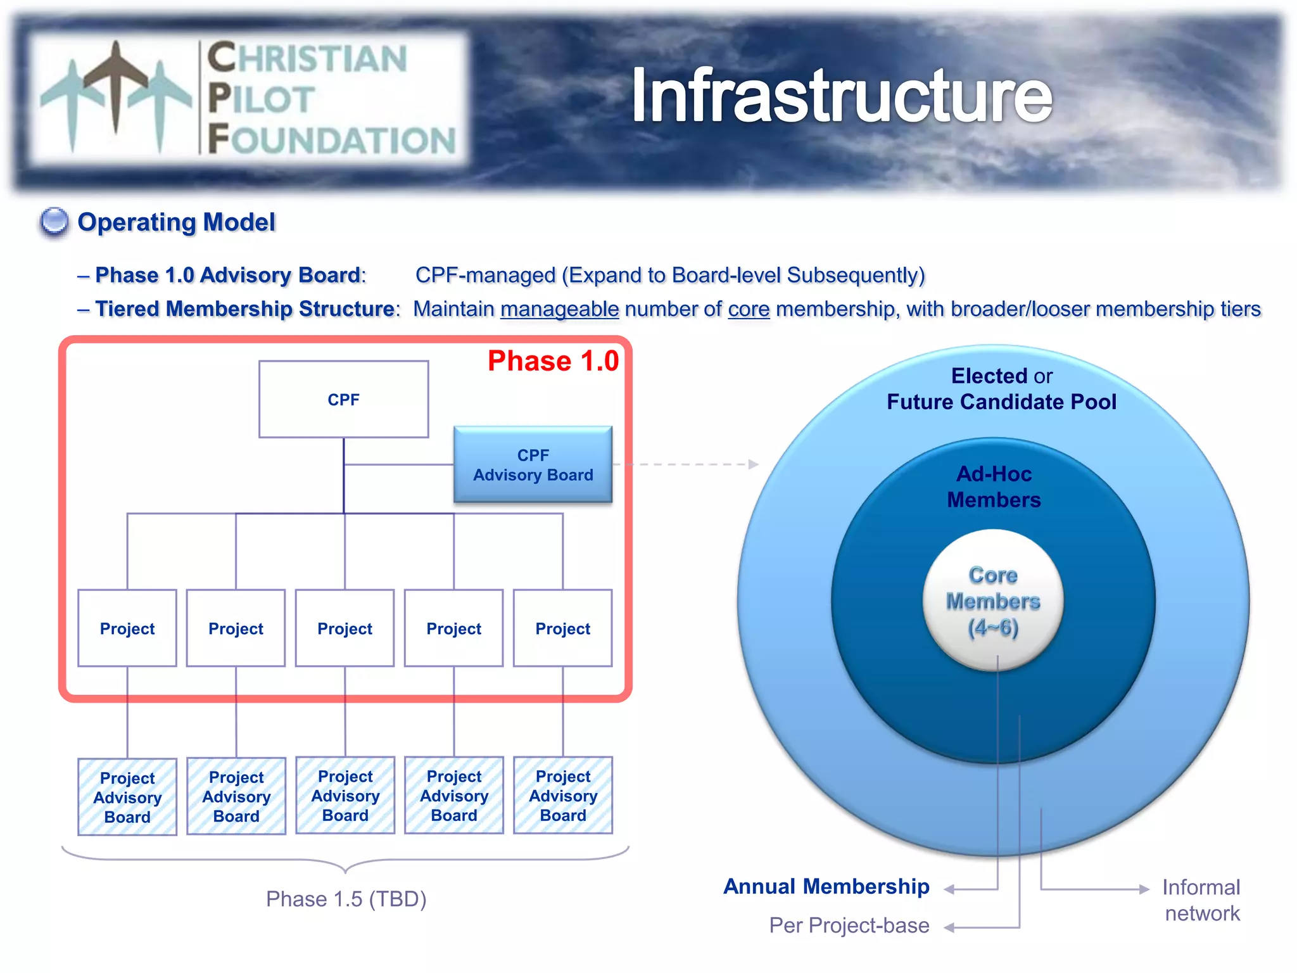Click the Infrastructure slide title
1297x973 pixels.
tap(841, 96)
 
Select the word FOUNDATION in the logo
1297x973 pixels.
tap(331, 140)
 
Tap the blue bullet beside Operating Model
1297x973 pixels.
tap(54, 222)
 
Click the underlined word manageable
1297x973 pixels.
tap(559, 309)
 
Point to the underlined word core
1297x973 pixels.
tap(749, 309)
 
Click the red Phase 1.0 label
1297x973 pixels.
tap(553, 361)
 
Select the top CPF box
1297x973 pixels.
tap(343, 399)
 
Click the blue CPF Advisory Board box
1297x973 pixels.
tap(533, 465)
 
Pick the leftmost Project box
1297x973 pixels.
tap(127, 628)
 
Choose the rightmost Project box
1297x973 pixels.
tap(562, 628)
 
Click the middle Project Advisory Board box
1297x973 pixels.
tap(345, 796)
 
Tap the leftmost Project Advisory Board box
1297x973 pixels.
tap(127, 797)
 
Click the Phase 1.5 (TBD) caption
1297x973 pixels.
tap(346, 899)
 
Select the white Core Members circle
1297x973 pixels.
tap(992, 601)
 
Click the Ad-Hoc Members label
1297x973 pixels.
tap(994, 486)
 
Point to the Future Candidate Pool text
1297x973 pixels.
tap(1001, 402)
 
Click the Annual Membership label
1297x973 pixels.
tap(826, 886)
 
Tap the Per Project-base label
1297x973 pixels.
tap(849, 925)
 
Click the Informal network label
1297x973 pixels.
tap(1201, 900)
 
